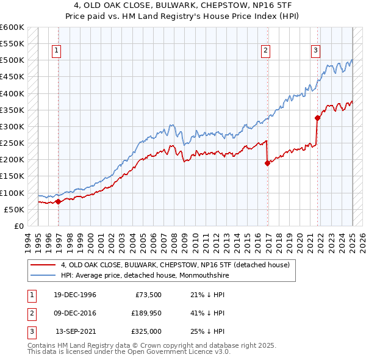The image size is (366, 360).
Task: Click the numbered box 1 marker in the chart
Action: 56,51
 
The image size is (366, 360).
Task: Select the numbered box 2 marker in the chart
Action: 266,51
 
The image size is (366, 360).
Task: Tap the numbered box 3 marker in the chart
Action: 316,51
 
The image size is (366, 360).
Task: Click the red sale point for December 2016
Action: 267,163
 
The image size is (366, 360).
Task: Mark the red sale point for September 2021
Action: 317,118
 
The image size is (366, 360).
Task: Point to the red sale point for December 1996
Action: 58,201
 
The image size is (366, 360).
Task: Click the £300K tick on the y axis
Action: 12,126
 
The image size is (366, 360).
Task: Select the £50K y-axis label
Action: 15,209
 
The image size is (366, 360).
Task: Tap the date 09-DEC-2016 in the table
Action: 75,314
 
